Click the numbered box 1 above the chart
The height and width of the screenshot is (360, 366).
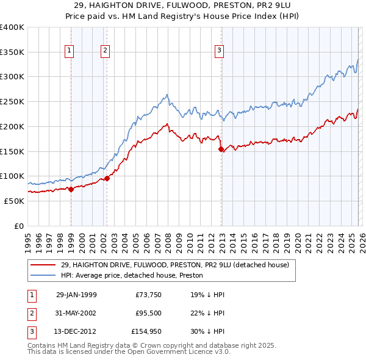pyautogui.click(x=71, y=51)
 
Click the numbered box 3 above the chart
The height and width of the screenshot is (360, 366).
pyautogui.click(x=220, y=51)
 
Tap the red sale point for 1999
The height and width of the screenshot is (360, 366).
pyautogui.click(x=71, y=189)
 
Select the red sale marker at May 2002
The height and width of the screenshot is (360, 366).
pyautogui.click(x=107, y=178)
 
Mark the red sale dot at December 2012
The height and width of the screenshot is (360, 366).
pyautogui.click(x=221, y=148)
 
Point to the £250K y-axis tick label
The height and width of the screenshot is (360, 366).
pyautogui.click(x=12, y=101)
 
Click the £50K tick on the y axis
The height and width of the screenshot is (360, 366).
pyautogui.click(x=13, y=201)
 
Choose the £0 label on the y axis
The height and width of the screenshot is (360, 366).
pyautogui.click(x=20, y=226)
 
